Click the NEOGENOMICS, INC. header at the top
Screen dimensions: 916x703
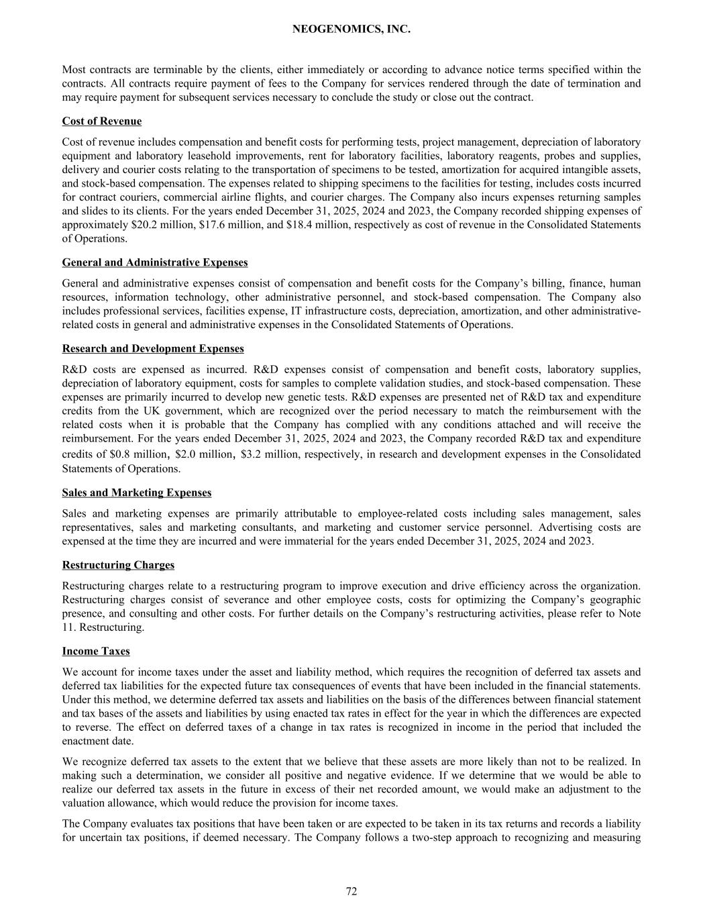351,30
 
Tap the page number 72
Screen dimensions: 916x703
351,891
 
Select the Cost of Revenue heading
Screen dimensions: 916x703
102,121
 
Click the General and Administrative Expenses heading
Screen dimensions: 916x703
155,262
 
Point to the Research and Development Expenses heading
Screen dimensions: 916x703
153,349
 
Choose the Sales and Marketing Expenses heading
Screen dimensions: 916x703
137,493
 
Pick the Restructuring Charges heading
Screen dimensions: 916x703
118,565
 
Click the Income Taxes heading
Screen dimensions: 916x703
96,652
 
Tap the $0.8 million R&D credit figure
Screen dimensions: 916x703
134,454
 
